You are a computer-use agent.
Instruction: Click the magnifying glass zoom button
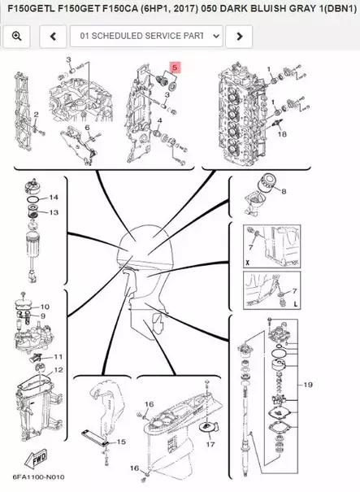(16, 37)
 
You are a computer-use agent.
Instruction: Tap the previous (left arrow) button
(53, 37)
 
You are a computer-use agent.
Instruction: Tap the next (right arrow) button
(239, 37)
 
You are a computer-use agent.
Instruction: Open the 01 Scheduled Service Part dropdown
(146, 37)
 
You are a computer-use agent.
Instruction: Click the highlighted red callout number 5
(175, 67)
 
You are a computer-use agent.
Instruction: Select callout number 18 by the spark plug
(282, 134)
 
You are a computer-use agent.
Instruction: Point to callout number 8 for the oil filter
(284, 191)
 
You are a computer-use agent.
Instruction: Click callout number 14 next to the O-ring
(54, 198)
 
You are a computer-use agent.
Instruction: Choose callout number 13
(54, 212)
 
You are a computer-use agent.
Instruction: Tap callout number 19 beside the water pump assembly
(308, 385)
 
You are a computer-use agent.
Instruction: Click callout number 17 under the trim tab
(210, 444)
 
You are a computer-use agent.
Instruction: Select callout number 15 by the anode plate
(121, 442)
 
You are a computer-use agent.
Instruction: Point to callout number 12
(59, 370)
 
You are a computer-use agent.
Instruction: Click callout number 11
(59, 357)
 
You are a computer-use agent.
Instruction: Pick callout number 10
(45, 307)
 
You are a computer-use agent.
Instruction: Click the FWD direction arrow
(36, 459)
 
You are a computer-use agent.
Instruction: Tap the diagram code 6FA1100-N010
(39, 477)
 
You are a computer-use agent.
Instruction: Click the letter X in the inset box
(247, 263)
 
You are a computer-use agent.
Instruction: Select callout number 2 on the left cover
(36, 115)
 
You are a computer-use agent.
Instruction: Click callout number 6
(87, 128)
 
